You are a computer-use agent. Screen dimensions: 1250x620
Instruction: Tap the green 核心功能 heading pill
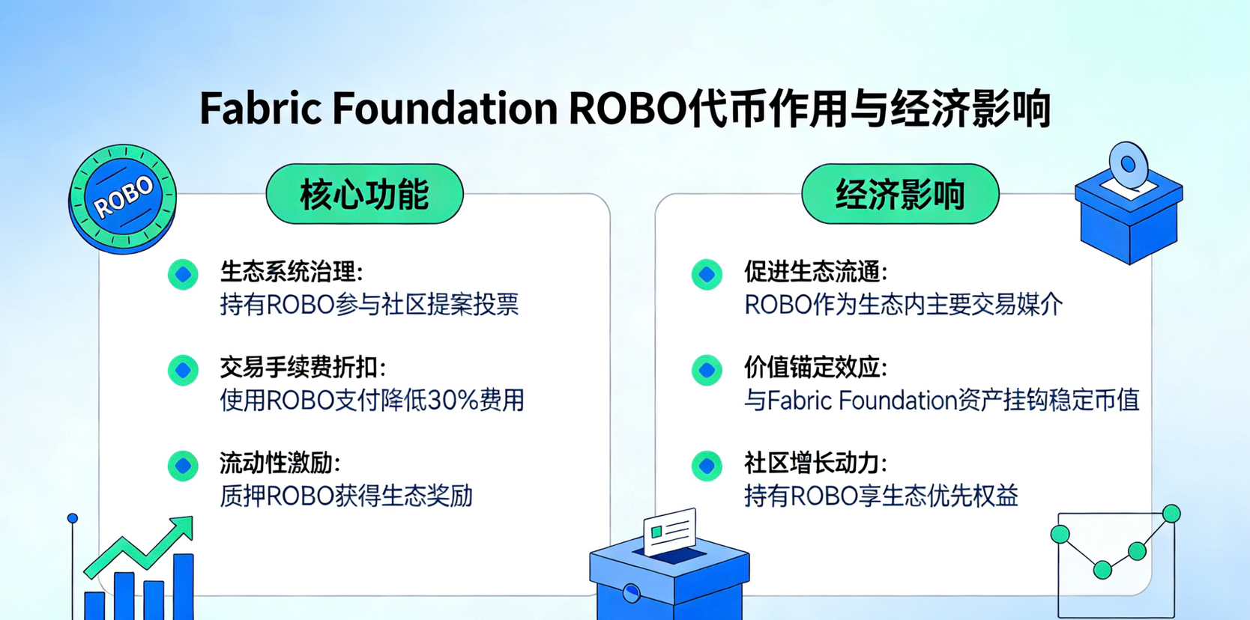(x=364, y=194)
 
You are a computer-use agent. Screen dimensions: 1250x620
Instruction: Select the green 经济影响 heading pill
(x=900, y=194)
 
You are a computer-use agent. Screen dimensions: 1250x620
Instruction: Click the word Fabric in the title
(x=261, y=108)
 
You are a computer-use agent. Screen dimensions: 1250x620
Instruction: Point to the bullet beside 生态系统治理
(x=183, y=274)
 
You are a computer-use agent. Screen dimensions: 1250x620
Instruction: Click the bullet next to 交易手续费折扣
(x=183, y=370)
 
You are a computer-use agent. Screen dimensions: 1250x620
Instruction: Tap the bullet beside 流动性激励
(x=183, y=466)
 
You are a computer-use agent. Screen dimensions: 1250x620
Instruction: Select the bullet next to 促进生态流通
(x=707, y=274)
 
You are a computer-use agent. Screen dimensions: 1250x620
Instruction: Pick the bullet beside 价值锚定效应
(x=707, y=370)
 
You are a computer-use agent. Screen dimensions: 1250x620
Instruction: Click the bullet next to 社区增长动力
(x=707, y=466)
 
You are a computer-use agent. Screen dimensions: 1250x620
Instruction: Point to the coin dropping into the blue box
(x=1129, y=165)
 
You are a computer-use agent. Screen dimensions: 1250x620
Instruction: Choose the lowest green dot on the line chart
(x=1102, y=570)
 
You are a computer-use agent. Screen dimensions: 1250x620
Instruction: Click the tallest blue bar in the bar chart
(x=184, y=586)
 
